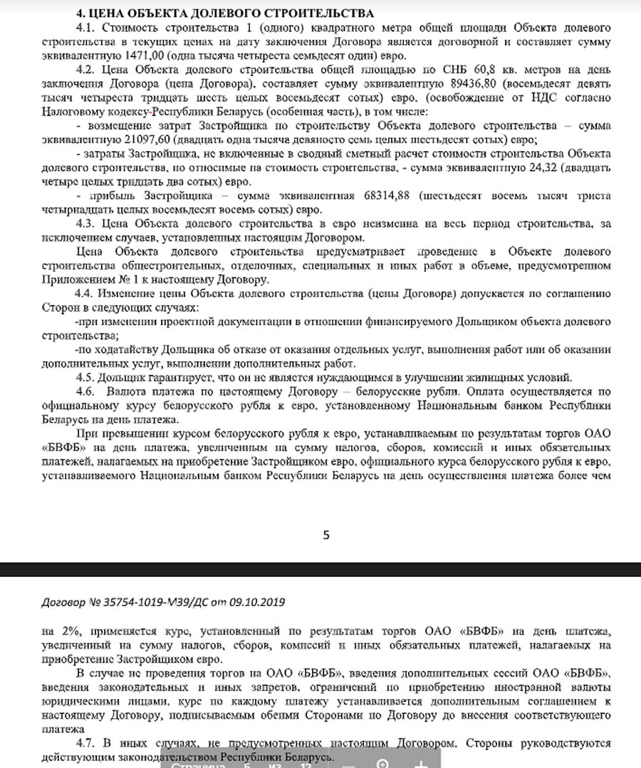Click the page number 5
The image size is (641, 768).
(326, 535)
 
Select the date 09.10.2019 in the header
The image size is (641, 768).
(258, 602)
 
